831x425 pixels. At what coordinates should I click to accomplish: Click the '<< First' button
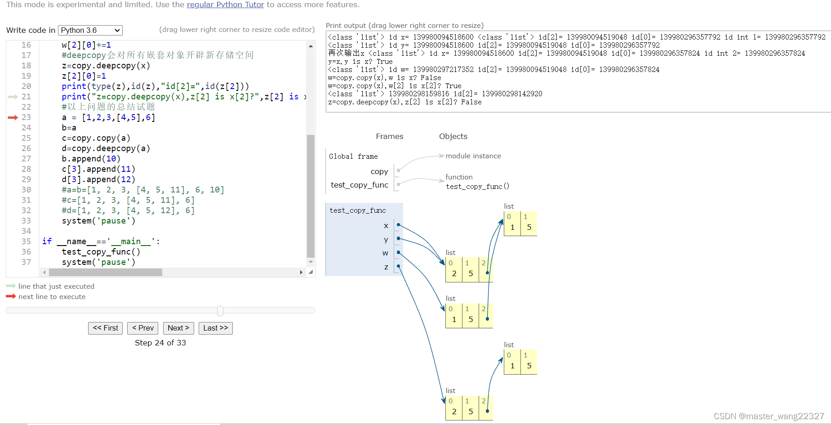105,328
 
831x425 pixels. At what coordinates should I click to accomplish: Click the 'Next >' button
178,328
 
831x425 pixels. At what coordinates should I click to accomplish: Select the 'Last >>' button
215,328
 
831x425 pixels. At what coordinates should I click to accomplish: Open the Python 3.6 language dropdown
90,30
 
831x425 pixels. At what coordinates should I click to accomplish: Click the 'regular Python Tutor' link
225,4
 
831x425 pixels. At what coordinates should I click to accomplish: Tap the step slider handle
220,311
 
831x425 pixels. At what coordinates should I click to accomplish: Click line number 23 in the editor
27,117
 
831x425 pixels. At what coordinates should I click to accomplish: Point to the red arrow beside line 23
13,117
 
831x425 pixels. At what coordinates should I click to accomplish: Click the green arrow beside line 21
13,97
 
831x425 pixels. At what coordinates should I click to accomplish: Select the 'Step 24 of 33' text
160,343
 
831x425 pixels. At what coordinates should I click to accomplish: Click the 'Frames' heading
390,136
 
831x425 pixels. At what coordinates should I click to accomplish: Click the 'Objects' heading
453,136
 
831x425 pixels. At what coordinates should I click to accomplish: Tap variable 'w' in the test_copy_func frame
385,253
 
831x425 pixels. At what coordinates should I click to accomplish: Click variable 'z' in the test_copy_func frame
386,267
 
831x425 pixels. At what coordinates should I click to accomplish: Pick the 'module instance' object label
473,156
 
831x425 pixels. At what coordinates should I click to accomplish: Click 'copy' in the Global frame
379,172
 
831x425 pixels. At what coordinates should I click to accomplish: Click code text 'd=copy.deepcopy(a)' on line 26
106,148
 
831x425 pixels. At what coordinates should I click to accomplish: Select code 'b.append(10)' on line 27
91,159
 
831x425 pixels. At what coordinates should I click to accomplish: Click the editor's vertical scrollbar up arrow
311,46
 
